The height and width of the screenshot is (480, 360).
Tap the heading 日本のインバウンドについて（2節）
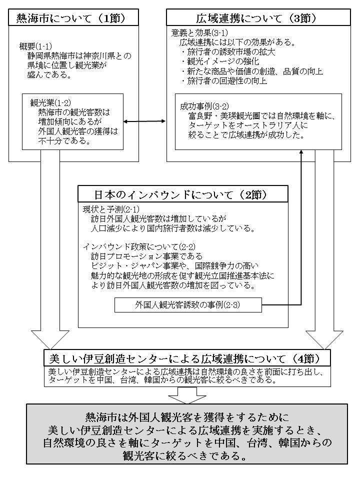[x=182, y=194]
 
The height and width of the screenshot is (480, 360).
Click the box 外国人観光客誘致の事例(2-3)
[x=181, y=303]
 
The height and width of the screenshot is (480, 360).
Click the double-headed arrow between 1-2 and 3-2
[x=145, y=121]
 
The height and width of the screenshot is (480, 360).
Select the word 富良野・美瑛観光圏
[x=219, y=115]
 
